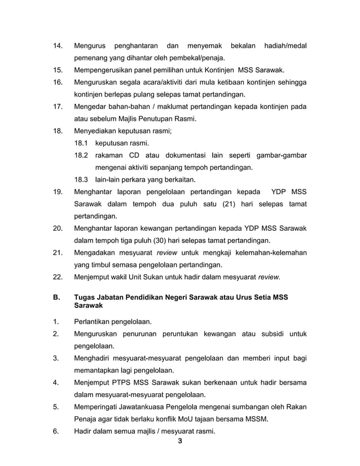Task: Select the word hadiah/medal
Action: pos(284,45)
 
